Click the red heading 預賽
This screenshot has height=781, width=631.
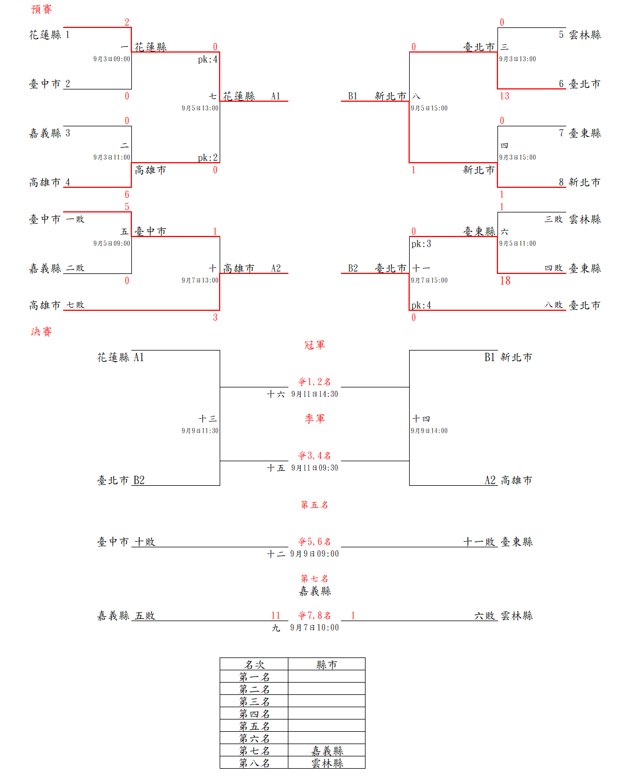[41, 10]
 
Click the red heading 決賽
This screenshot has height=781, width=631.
[41, 332]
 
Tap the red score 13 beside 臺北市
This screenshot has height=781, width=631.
[504, 96]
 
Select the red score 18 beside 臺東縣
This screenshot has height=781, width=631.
[505, 281]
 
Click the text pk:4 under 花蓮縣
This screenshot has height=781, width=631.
[207, 59]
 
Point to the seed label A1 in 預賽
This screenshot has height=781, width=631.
[276, 96]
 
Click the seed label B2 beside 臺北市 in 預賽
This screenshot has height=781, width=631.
[353, 268]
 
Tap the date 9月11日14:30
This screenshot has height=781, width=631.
[314, 394]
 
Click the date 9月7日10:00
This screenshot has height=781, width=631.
[314, 628]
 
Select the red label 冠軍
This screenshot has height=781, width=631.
[315, 345]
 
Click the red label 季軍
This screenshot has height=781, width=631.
[315, 419]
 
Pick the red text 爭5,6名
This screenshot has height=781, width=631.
[315, 542]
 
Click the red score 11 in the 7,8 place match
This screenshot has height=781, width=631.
[276, 616]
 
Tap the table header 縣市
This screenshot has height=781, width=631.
[326, 665]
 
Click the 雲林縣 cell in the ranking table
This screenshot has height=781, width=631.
[326, 763]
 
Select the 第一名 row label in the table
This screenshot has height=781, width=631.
[254, 677]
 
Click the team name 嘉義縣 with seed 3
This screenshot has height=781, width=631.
[45, 133]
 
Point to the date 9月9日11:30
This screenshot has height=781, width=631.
[200, 431]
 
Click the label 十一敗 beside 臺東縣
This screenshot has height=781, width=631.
[480, 542]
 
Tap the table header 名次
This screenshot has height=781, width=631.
[254, 665]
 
